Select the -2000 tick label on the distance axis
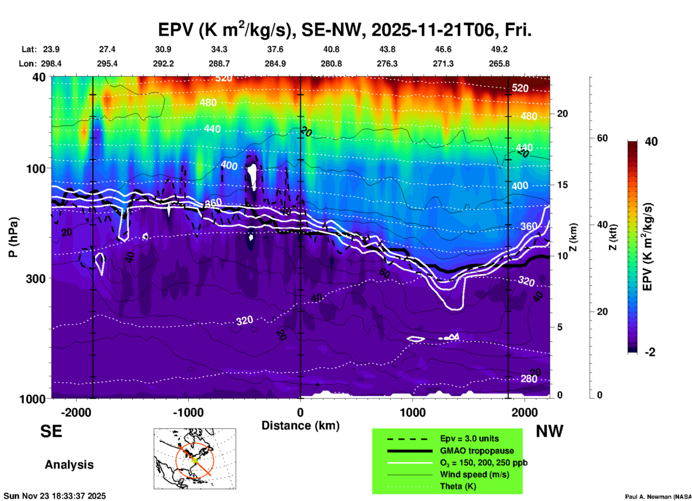tap(76, 412)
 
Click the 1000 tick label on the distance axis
tap(412, 412)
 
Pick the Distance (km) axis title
tap(300, 426)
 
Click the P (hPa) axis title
tap(13, 237)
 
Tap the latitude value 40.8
tap(331, 49)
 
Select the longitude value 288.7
tap(219, 64)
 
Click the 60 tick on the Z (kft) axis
tap(602, 138)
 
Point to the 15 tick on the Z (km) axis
tap(562, 185)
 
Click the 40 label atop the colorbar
tap(651, 142)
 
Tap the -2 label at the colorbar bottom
tap(650, 352)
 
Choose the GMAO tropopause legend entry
tap(477, 451)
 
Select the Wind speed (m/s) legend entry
tap(474, 474)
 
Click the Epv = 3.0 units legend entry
tap(469, 439)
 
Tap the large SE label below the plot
tap(51, 431)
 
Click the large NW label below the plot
tap(549, 431)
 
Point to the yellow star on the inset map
tap(194, 460)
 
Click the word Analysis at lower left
tap(69, 465)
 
